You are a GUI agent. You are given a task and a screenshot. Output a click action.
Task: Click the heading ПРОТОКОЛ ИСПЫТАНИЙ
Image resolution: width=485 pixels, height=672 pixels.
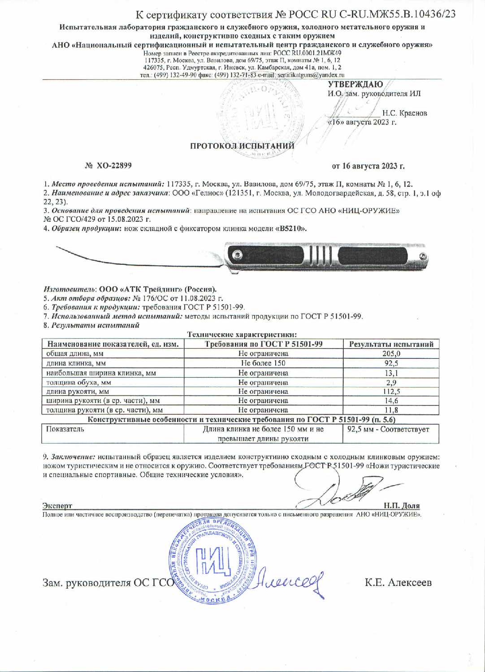[242, 146]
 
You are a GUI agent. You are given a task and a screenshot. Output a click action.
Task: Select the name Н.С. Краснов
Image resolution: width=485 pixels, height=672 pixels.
[404, 113]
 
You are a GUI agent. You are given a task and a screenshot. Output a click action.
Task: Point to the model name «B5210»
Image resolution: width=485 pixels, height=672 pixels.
[291, 228]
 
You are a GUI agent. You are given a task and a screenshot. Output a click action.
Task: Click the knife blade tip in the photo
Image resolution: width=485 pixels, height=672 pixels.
[56, 246]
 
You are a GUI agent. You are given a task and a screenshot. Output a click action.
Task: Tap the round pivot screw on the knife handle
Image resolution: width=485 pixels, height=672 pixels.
[237, 255]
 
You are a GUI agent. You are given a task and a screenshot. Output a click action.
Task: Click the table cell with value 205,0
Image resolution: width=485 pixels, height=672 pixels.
[391, 354]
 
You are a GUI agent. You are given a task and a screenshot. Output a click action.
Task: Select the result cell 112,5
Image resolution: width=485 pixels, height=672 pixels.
[391, 392]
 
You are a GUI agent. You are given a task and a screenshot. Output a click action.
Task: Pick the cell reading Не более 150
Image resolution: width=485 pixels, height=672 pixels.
[263, 363]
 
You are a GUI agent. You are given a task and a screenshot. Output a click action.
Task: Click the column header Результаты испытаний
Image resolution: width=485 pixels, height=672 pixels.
[391, 344]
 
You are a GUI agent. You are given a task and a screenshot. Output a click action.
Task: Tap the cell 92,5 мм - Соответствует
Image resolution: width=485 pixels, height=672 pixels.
[388, 429]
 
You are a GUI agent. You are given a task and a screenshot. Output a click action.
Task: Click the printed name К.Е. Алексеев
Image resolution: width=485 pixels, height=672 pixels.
[398, 582]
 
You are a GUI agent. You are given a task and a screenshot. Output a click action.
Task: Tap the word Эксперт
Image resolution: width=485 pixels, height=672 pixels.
[57, 506]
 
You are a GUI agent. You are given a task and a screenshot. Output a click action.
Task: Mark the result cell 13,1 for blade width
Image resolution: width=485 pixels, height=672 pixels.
[391, 373]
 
